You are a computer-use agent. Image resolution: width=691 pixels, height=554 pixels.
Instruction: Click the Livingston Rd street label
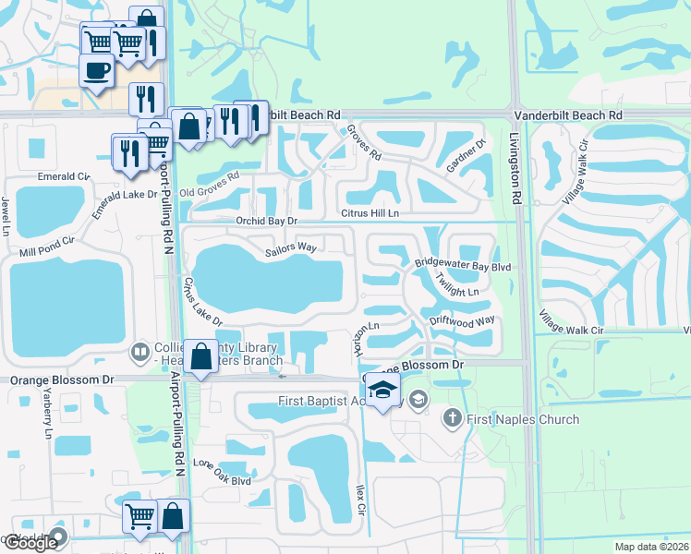(x=515, y=167)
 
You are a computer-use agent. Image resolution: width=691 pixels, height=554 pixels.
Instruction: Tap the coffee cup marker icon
(x=97, y=69)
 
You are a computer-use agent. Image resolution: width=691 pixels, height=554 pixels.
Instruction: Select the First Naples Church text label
(x=523, y=419)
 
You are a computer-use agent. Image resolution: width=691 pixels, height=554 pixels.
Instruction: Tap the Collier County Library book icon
(x=139, y=351)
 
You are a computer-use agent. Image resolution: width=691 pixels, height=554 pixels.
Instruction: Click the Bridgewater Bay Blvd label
(x=462, y=266)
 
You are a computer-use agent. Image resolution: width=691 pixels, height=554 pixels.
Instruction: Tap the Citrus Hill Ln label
(x=370, y=213)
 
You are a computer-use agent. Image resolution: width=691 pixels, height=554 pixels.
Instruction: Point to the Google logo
(x=30, y=543)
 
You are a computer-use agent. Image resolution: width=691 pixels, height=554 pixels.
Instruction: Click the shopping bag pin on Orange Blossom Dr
(x=200, y=356)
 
